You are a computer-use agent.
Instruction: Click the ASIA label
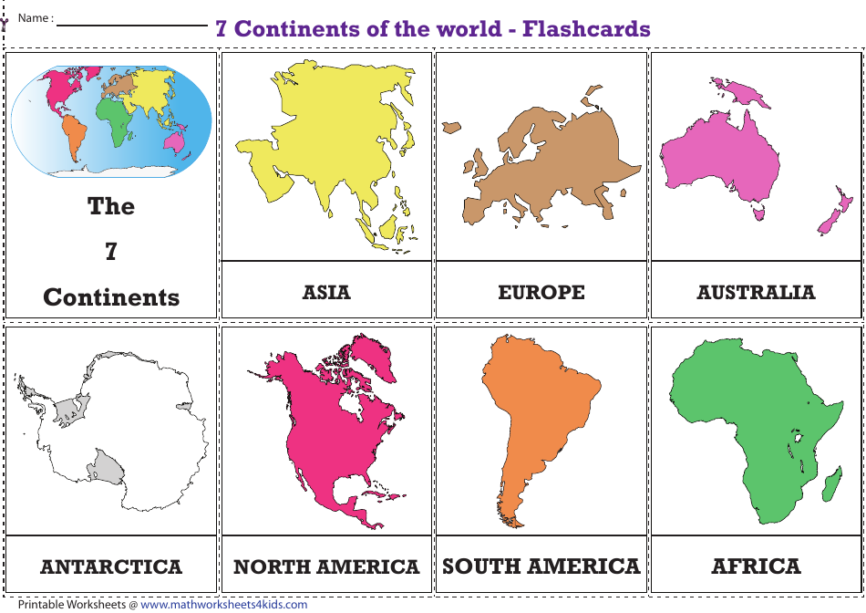(326, 292)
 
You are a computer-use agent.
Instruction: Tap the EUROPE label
(541, 292)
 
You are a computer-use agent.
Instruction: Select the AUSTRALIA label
(756, 292)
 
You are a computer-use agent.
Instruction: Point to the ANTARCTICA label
(111, 566)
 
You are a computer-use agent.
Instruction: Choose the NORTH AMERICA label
(326, 566)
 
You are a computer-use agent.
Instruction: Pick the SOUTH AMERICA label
(541, 566)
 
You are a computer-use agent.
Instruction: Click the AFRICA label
(756, 566)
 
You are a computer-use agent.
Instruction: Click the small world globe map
(111, 119)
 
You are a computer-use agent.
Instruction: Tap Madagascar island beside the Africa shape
(831, 483)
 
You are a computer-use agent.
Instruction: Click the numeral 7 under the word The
(111, 252)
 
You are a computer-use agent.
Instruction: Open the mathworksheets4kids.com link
(223, 604)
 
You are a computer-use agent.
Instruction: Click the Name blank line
(132, 25)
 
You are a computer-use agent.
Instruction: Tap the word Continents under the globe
(111, 297)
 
